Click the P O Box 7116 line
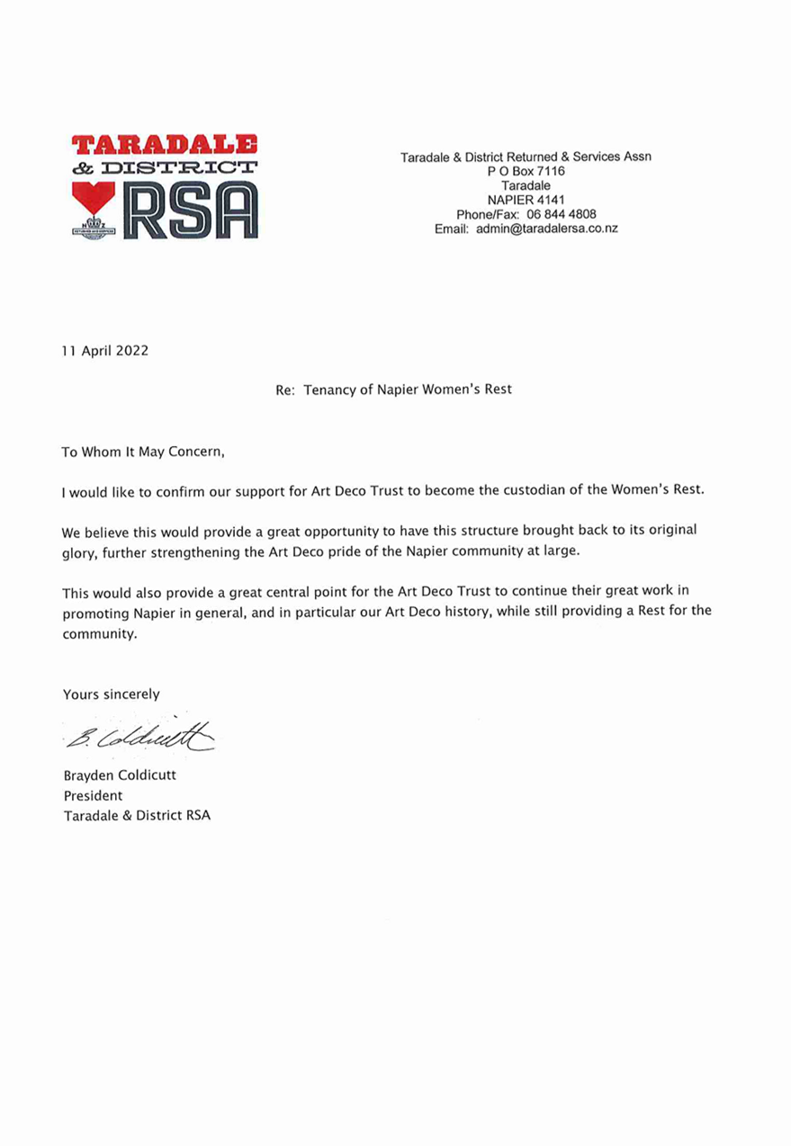pyautogui.click(x=526, y=171)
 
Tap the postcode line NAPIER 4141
pyautogui.click(x=526, y=200)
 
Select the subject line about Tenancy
pyautogui.click(x=394, y=389)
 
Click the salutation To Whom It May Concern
pyautogui.click(x=142, y=452)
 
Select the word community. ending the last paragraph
pyautogui.click(x=100, y=633)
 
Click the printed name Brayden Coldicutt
pyautogui.click(x=120, y=775)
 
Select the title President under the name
pyautogui.click(x=93, y=795)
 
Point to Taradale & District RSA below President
pyautogui.click(x=137, y=816)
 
